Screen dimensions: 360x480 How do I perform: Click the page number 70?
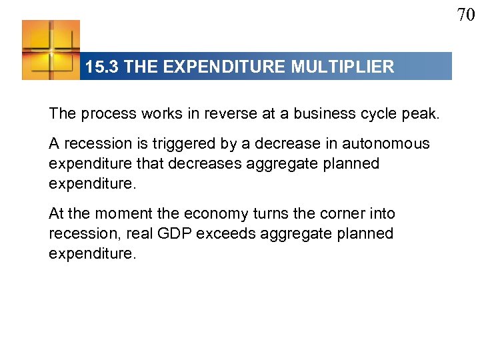[x=465, y=13]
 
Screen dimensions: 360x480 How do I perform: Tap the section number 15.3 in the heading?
[x=103, y=67]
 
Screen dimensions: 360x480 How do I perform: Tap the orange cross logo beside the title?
[x=51, y=50]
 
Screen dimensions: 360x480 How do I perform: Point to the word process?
[x=109, y=113]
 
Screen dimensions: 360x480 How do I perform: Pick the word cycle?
[x=380, y=113]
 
